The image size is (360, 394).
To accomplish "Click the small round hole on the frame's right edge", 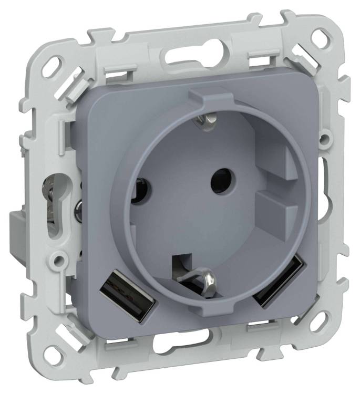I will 326,139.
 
